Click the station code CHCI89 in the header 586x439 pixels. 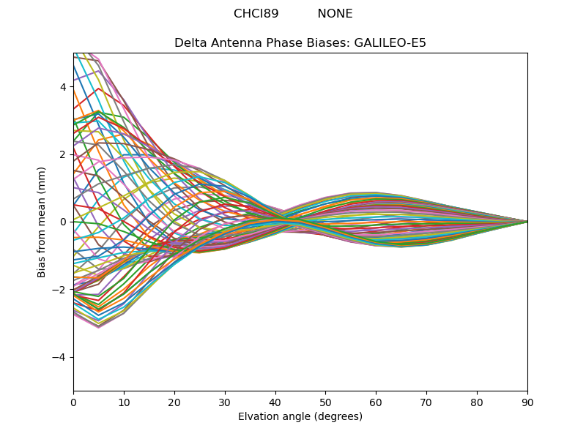(x=256, y=14)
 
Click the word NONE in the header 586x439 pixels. (x=335, y=14)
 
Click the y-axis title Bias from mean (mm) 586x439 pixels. (x=42, y=222)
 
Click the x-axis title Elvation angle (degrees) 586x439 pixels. (x=300, y=417)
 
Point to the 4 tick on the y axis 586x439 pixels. (x=63, y=87)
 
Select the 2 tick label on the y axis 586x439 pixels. (x=63, y=154)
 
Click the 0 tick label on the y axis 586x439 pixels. (x=63, y=222)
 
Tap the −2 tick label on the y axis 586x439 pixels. (x=60, y=290)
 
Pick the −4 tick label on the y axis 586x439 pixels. (x=60, y=357)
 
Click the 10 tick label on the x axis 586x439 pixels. (x=124, y=402)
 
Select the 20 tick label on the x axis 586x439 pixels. (x=174, y=402)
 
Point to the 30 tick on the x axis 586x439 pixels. (x=225, y=402)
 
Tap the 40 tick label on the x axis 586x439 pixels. (x=275, y=402)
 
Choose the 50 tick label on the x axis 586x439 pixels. (x=325, y=402)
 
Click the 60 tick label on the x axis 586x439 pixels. (x=376, y=402)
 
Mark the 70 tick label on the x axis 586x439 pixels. (x=426, y=402)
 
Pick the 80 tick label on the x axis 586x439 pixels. (x=477, y=402)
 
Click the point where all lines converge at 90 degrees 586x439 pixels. (x=527, y=222)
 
